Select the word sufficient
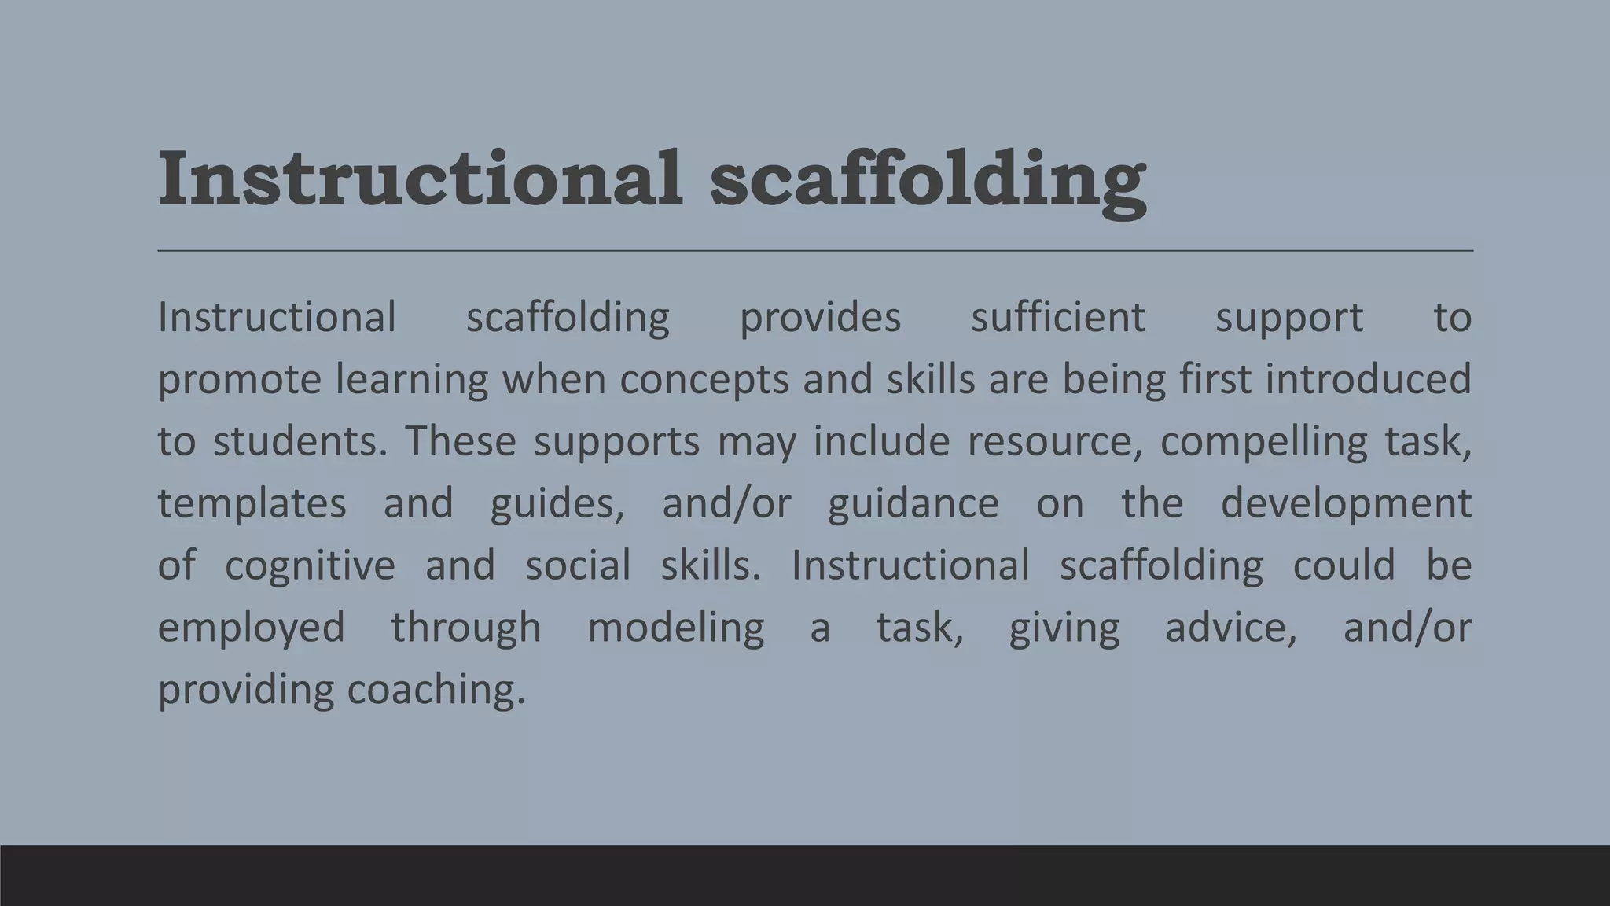point(1057,318)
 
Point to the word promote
point(239,380)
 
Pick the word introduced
point(1367,379)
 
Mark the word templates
point(252,503)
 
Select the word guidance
point(913,503)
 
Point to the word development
point(1345,503)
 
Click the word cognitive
point(310,565)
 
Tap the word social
point(578,565)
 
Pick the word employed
point(252,628)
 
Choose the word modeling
point(675,628)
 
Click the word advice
point(1230,628)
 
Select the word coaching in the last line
point(436,690)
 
